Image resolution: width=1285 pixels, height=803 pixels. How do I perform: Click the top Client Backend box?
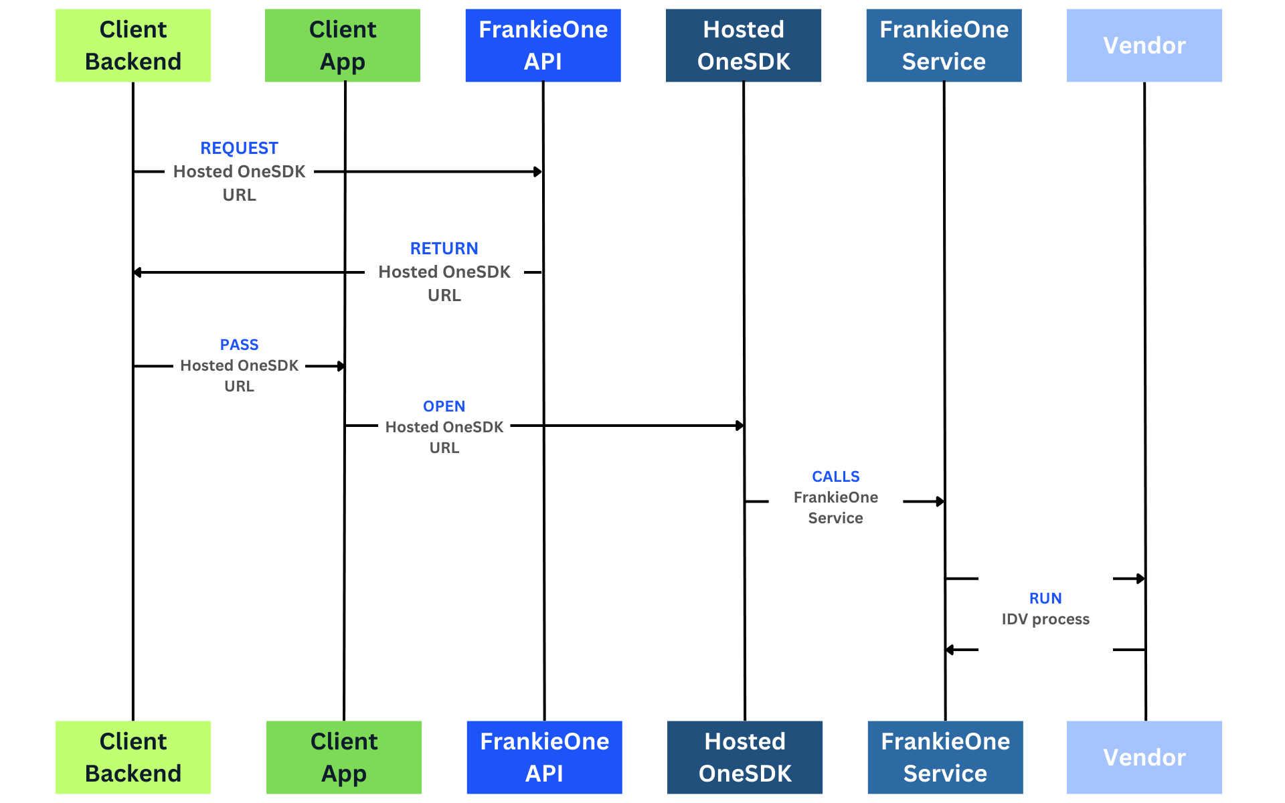[133, 46]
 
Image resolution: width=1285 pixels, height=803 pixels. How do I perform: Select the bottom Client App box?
[344, 757]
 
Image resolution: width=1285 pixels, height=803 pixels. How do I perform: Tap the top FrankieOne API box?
[543, 46]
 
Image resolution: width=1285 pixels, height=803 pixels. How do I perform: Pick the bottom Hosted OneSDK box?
[744, 757]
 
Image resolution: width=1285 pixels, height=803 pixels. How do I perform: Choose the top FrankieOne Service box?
[944, 46]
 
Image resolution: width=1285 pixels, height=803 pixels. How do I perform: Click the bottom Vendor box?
[1144, 757]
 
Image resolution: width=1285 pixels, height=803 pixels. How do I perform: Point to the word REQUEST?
[239, 148]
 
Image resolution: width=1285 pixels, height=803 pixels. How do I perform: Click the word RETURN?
[444, 248]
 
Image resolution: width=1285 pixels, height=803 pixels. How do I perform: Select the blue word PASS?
[239, 345]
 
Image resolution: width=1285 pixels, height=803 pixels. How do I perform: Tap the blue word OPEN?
[444, 406]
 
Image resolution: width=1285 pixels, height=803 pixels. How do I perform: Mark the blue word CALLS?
[835, 476]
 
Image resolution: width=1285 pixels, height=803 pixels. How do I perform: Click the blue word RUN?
[1045, 598]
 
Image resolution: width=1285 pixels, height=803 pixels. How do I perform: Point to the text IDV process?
[1045, 619]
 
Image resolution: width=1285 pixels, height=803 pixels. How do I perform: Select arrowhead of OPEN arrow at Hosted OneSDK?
[740, 426]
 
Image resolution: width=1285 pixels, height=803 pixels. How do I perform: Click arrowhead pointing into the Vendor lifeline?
[1140, 578]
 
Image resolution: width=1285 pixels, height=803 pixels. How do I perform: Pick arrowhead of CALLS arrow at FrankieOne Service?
[940, 501]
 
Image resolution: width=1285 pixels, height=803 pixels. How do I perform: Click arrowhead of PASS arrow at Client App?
[341, 366]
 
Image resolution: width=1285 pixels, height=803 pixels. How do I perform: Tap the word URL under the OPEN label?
[444, 448]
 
